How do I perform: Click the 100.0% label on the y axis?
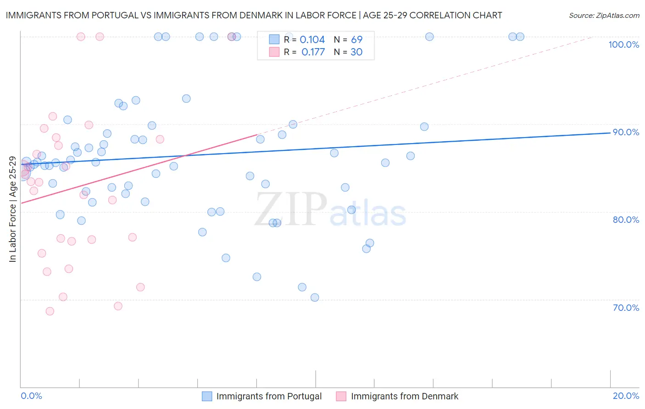623,44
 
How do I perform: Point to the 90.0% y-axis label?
626,132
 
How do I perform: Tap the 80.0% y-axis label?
626,220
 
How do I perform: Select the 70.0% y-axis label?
626,308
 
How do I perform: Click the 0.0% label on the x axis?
31,396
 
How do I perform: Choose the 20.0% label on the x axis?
626,396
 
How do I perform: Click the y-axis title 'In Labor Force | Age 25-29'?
12,209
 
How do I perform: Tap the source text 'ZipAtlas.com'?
617,16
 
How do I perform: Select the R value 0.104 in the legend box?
312,40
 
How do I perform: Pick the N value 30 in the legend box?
356,52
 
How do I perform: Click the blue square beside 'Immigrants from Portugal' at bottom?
207,396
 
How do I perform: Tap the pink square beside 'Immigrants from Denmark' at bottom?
341,396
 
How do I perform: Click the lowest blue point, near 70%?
315,298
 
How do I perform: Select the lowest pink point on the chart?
50,311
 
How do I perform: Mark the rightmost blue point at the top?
520,37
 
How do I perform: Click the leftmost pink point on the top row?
81,37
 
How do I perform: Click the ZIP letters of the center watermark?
291,210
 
